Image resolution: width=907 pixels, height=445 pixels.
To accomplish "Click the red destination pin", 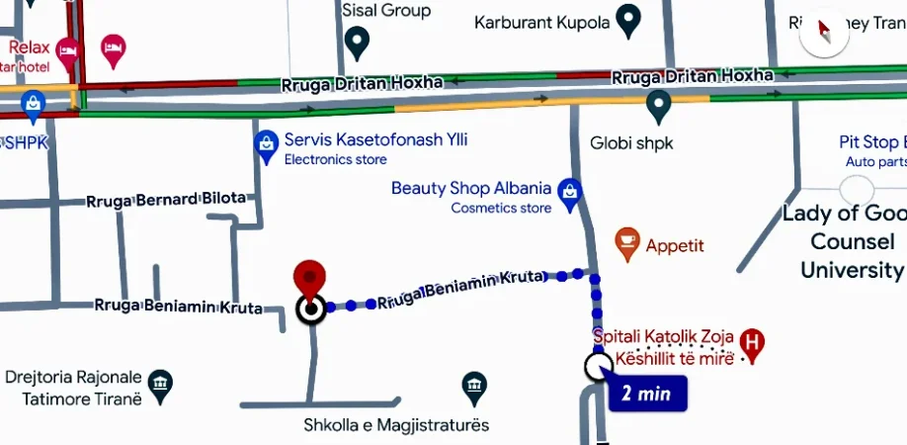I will pyautogui.click(x=310, y=278).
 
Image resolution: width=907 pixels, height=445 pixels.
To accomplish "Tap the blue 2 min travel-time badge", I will pyautogui.click(x=646, y=393).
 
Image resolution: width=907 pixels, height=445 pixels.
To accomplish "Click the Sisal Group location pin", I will pyautogui.click(x=358, y=42).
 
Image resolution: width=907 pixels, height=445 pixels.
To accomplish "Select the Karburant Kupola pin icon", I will pyautogui.click(x=626, y=19).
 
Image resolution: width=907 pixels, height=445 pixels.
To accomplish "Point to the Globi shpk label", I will pyautogui.click(x=630, y=143).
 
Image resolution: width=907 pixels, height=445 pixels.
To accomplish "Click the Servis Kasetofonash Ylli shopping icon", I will pyautogui.click(x=266, y=145).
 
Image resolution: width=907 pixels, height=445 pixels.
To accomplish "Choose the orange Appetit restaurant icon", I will pyautogui.click(x=626, y=241).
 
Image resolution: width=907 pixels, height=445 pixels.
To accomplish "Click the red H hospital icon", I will pyautogui.click(x=753, y=344).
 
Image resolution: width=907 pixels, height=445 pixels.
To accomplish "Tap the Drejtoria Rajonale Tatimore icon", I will pyautogui.click(x=159, y=383).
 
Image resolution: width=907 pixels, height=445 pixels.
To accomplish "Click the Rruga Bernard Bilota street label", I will pyautogui.click(x=165, y=199).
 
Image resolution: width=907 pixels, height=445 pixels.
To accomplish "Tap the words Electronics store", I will pyautogui.click(x=336, y=159).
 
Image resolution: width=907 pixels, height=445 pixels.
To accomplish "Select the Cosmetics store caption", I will pyautogui.click(x=501, y=208).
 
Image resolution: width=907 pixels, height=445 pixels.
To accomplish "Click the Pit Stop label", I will pyautogui.click(x=868, y=142).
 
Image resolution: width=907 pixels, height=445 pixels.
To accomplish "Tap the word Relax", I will pyautogui.click(x=30, y=46).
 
